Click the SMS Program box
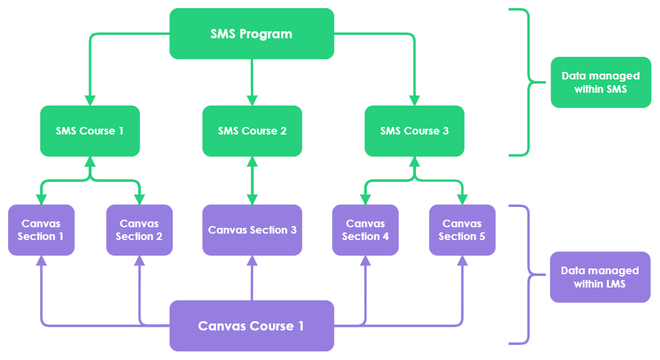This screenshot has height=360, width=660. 251,34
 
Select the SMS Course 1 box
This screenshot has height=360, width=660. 90,131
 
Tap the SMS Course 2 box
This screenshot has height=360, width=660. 252,131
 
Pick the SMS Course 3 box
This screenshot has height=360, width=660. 414,131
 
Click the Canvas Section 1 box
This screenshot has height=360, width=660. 41,230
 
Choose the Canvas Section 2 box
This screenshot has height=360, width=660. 139,230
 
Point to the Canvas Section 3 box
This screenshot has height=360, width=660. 252,230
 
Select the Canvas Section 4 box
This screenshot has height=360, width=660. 365,230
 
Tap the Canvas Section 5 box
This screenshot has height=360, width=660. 462,230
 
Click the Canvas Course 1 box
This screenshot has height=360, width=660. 251,326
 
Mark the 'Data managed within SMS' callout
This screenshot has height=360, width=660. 600,82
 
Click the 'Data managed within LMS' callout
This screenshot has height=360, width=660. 599,277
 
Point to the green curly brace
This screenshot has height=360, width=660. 525,82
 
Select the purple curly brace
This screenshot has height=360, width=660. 525,274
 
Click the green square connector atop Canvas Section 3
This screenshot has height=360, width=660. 252,199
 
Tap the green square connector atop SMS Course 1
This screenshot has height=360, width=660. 90,100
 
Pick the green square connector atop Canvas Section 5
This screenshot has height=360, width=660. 462,199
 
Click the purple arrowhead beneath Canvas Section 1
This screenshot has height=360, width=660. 41,260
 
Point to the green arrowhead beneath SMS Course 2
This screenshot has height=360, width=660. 252,162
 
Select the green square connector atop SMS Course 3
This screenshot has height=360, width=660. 414,100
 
